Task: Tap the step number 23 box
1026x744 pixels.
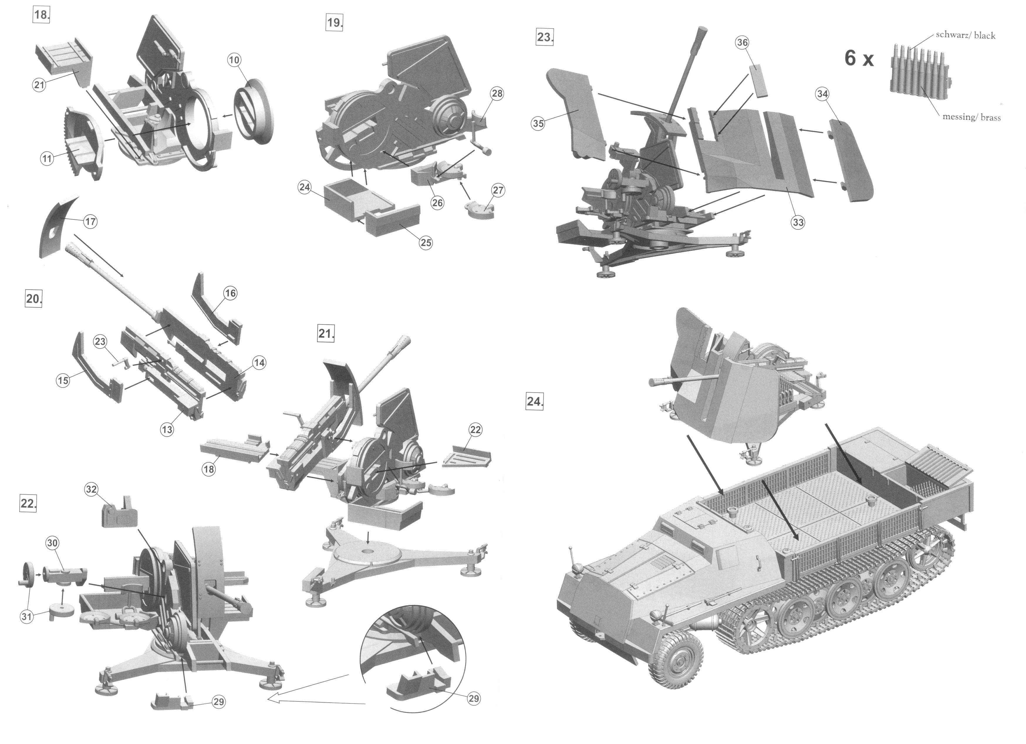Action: pos(545,37)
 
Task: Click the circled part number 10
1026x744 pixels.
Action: pos(234,60)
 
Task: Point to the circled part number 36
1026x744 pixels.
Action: pos(743,43)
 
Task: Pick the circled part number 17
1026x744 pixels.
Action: pos(90,221)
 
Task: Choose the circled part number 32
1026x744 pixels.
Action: pos(91,489)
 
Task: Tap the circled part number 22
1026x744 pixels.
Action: pos(475,430)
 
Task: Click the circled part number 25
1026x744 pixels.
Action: pos(426,243)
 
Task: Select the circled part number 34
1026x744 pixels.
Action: pos(822,94)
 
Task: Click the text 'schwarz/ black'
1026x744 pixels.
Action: pos(965,35)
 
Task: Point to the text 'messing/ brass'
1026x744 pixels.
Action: pos(971,117)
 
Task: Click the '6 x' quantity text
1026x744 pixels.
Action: pos(859,59)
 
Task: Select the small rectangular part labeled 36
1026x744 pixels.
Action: pos(760,80)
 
